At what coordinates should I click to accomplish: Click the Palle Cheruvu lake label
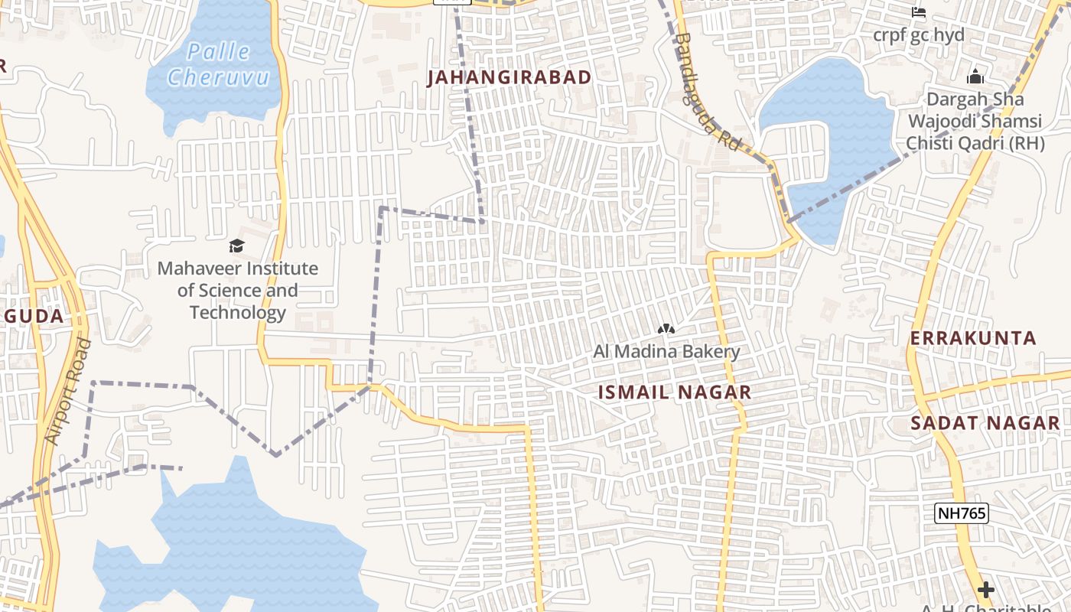coord(218,64)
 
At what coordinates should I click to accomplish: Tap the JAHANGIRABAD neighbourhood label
coord(509,77)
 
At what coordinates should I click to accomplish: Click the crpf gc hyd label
coord(919,35)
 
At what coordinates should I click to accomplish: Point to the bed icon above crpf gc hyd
coord(919,12)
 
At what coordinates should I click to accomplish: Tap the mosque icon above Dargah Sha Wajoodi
coord(975,76)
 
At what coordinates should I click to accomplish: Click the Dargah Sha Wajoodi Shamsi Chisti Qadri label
coord(974,121)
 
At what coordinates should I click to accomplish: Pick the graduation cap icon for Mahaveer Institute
coord(236,246)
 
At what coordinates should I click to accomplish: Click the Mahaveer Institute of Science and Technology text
coord(237,291)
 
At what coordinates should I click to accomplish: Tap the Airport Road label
coord(67,392)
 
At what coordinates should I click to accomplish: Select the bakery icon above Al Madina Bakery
coord(666,329)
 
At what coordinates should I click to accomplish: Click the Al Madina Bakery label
coord(666,352)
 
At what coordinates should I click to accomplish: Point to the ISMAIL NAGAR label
coord(674,392)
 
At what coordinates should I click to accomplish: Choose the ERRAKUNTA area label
coord(972,338)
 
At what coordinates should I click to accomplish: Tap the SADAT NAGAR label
coord(985,423)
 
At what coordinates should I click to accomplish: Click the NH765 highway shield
coord(961,513)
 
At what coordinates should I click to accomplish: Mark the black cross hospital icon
coord(985,590)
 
